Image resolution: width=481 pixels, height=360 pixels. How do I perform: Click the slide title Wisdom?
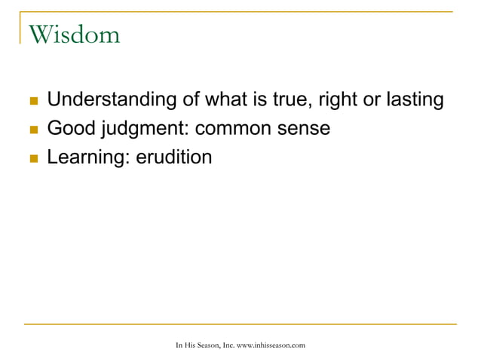coord(73,34)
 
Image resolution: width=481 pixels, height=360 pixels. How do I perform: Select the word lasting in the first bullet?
coord(413,99)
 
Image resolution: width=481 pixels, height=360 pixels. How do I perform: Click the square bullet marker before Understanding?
coord(31,101)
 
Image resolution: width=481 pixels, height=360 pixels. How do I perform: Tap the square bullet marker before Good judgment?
coord(31,130)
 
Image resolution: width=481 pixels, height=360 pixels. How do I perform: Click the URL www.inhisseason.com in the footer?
coord(271,345)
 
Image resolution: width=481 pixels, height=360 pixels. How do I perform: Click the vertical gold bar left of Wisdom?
coord(20,30)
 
